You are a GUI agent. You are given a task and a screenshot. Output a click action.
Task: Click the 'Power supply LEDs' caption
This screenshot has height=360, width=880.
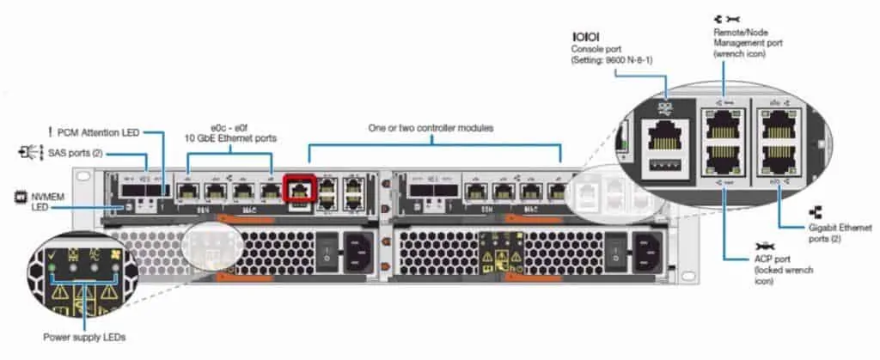(x=84, y=337)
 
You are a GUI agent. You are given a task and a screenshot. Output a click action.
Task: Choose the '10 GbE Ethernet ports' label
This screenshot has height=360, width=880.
(x=231, y=137)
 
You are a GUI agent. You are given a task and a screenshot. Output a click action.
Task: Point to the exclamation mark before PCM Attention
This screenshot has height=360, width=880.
(x=51, y=131)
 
